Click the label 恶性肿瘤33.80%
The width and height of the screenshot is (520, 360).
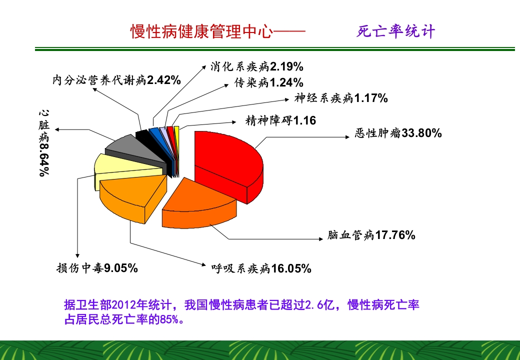pyautogui.click(x=398, y=133)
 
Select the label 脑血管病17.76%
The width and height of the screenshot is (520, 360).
pyautogui.click(x=371, y=234)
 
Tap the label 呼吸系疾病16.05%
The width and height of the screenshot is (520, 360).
pyautogui.click(x=261, y=268)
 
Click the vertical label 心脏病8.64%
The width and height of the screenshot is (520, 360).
pyautogui.click(x=44, y=142)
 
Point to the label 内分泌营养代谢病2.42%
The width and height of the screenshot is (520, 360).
pyautogui.click(x=116, y=80)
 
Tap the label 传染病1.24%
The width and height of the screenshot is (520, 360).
pyautogui.click(x=268, y=82)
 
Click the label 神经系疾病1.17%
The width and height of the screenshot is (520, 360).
pyautogui.click(x=341, y=98)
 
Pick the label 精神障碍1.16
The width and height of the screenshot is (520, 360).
pyautogui.click(x=280, y=120)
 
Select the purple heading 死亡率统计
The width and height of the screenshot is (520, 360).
pyautogui.click(x=396, y=32)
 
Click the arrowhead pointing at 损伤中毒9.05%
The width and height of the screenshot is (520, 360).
pyautogui.click(x=77, y=254)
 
